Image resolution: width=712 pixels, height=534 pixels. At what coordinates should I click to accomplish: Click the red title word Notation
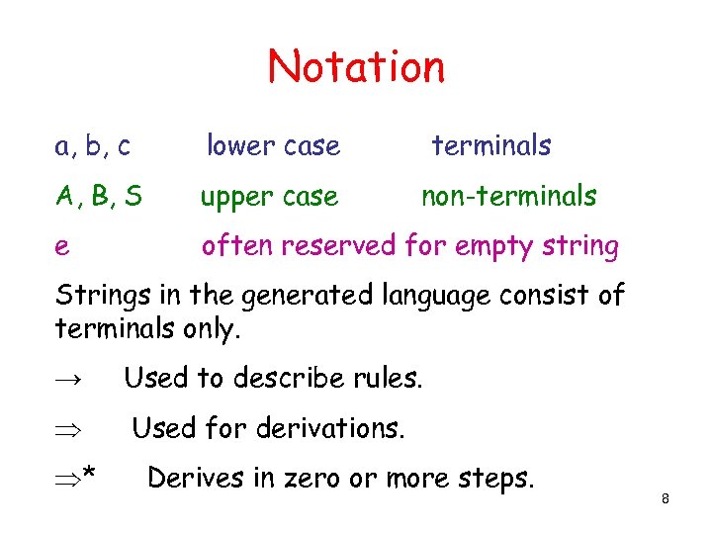tap(356, 66)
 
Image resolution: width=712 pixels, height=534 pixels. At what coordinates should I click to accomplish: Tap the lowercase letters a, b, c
tap(93, 146)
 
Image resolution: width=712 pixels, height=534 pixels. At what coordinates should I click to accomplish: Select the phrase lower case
tap(273, 146)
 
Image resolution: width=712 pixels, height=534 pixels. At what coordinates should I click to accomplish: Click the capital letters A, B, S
tap(98, 197)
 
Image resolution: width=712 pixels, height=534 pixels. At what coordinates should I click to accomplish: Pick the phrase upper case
tap(269, 197)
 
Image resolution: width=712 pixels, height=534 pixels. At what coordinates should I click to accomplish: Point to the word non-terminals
tap(508, 197)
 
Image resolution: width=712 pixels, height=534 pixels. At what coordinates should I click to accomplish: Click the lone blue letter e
tap(62, 247)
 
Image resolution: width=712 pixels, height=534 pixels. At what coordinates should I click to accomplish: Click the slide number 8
tap(666, 499)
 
